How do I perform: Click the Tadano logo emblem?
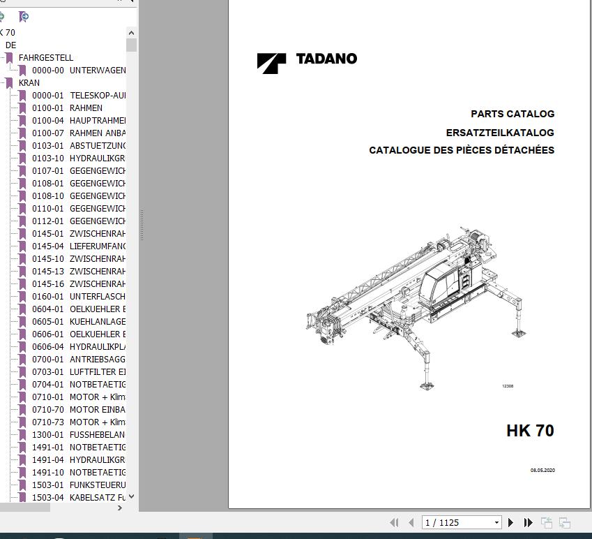[x=271, y=63]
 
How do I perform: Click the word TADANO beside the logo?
[x=326, y=59]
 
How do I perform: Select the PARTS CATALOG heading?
[x=513, y=114]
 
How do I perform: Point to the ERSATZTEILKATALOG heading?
[x=500, y=133]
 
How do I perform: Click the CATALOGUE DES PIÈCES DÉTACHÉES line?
[x=462, y=150]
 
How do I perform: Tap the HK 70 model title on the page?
[x=530, y=431]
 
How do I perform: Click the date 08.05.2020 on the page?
[x=542, y=471]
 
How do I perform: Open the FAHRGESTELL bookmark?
[x=45, y=58]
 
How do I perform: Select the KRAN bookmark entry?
[x=29, y=83]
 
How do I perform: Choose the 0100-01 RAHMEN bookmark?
[x=67, y=108]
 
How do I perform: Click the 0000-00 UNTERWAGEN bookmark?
[x=78, y=71]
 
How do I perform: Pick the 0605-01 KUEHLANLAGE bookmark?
[x=78, y=322]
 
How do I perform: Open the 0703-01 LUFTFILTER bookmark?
[x=78, y=372]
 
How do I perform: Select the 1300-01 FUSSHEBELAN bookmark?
[x=78, y=435]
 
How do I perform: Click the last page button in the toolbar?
[x=528, y=522]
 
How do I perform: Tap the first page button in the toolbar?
[x=394, y=522]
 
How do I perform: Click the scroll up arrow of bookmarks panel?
[x=132, y=32]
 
